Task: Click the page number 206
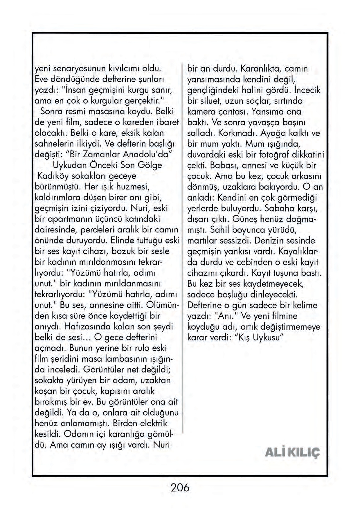(x=180, y=487)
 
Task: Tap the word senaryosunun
(x=78, y=69)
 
